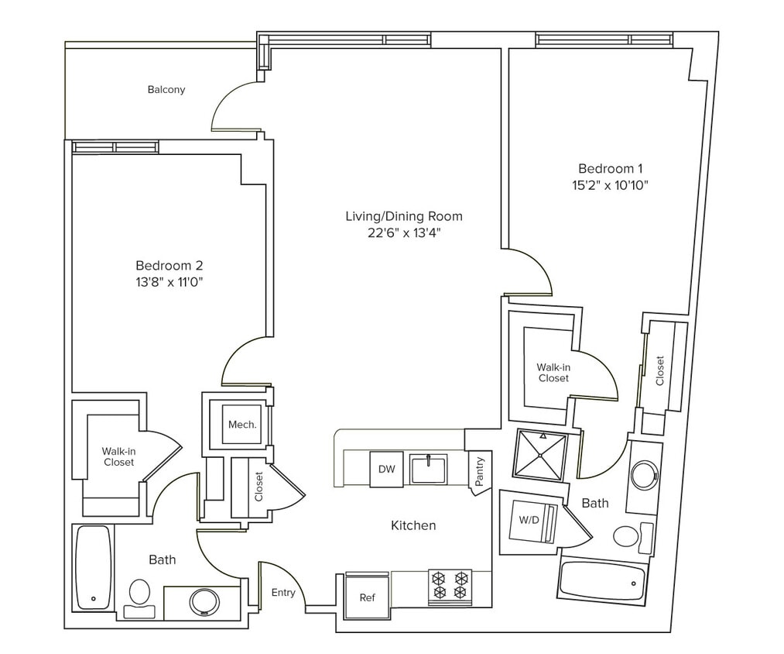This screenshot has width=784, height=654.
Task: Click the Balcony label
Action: [x=166, y=90]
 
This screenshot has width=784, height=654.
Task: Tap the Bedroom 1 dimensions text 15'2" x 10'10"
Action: [x=611, y=185]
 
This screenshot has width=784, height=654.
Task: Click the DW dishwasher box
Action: [x=386, y=469]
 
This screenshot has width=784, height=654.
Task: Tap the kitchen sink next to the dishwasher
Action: [x=428, y=470]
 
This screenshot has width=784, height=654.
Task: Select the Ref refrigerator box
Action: [x=367, y=597]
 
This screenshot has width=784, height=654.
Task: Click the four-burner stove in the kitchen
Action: [x=450, y=585]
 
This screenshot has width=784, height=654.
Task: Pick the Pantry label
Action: [x=480, y=470]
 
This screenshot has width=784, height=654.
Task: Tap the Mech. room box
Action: [x=241, y=425]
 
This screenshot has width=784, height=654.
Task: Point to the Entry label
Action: [x=283, y=593]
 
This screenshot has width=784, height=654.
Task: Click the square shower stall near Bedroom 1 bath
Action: [x=540, y=456]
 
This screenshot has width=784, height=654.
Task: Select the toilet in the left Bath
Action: [x=139, y=594]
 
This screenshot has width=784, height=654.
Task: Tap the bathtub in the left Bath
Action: [x=94, y=566]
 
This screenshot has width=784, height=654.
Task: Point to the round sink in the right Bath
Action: [x=644, y=475]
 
